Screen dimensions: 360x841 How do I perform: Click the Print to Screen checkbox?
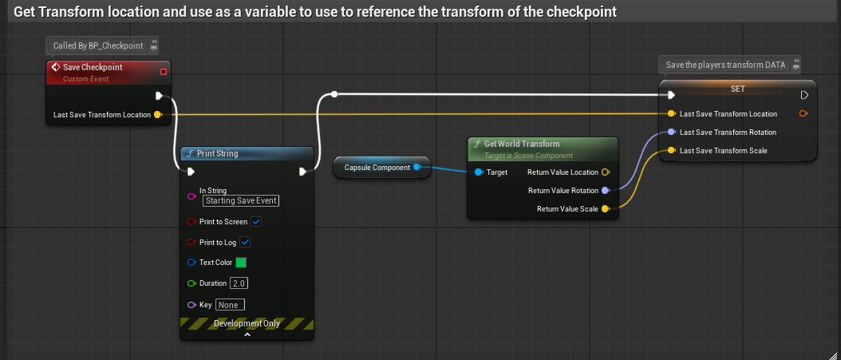[257, 221]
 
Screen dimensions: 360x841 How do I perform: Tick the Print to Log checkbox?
[246, 242]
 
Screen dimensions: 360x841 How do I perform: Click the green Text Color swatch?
[241, 263]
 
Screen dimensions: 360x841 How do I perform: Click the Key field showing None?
[230, 304]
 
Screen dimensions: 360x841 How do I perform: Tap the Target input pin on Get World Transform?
[478, 172]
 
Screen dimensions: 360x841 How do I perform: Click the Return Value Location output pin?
[606, 172]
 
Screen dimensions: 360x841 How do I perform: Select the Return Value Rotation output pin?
[606, 191]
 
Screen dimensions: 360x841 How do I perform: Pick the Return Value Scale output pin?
[606, 209]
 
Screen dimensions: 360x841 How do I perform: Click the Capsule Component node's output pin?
[417, 167]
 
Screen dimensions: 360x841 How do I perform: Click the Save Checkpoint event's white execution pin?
[160, 96]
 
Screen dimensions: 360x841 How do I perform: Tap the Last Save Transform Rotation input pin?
[672, 132]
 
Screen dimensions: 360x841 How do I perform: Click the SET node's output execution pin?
[804, 95]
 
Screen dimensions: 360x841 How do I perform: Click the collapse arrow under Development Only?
[247, 335]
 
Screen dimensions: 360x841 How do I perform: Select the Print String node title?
[217, 153]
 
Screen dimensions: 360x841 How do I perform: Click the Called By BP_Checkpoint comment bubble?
[98, 46]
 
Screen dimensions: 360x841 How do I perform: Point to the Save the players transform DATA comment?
[725, 65]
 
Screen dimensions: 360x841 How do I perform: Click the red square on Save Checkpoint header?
[164, 72]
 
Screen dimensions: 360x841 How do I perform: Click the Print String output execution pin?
[303, 172]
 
